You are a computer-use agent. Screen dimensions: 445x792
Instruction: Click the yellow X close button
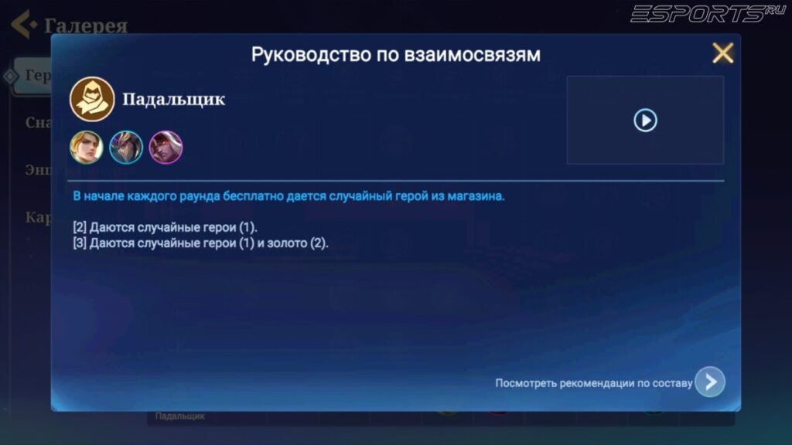722,53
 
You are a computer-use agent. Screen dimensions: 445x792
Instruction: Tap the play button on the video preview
645,120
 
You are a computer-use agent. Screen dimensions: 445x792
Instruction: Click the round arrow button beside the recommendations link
709,382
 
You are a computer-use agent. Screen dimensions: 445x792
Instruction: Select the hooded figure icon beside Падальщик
92,100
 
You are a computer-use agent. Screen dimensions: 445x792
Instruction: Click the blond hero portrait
87,147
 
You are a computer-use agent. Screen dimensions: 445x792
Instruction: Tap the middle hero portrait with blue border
126,147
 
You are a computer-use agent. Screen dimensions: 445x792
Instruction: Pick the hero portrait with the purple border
166,147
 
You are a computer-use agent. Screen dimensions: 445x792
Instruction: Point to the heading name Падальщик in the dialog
173,100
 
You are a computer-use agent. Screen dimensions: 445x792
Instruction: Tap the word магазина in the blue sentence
476,196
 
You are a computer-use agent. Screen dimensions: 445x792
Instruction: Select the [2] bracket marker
79,228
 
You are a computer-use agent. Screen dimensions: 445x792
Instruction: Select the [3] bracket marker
79,243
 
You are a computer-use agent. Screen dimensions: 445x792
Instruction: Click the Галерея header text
86,25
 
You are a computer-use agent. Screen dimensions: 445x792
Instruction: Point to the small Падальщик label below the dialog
179,416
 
